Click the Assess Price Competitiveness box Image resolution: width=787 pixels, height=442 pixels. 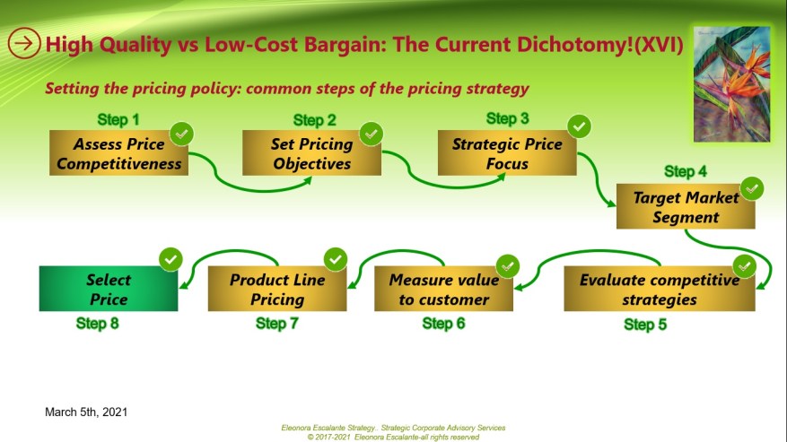pyautogui.click(x=118, y=153)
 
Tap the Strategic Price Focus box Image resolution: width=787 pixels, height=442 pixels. pyautogui.click(x=507, y=153)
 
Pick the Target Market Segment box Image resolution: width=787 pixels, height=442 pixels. pyautogui.click(x=686, y=206)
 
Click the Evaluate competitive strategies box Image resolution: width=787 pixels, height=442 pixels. pyautogui.click(x=659, y=289)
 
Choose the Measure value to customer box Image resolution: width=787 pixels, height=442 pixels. pyautogui.click(x=443, y=289)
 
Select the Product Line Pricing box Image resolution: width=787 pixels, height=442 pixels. pyautogui.click(x=277, y=289)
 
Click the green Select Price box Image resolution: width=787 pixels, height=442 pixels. pyautogui.click(x=108, y=289)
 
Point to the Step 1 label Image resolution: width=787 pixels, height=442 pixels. pyautogui.click(x=118, y=119)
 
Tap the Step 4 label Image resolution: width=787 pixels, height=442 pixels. pyautogui.click(x=686, y=171)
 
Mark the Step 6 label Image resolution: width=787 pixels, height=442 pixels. pyautogui.click(x=443, y=324)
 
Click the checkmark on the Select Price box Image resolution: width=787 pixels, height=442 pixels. pyautogui.click(x=171, y=260)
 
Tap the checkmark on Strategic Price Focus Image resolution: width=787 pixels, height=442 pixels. pyautogui.click(x=579, y=126)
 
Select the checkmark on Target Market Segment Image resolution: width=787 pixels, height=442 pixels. pyautogui.click(x=752, y=188)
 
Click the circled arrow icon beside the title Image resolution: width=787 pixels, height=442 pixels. pyautogui.click(x=24, y=42)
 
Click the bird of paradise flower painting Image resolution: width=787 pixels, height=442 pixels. pyautogui.click(x=731, y=83)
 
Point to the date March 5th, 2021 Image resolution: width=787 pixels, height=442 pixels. pyautogui.click(x=86, y=412)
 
